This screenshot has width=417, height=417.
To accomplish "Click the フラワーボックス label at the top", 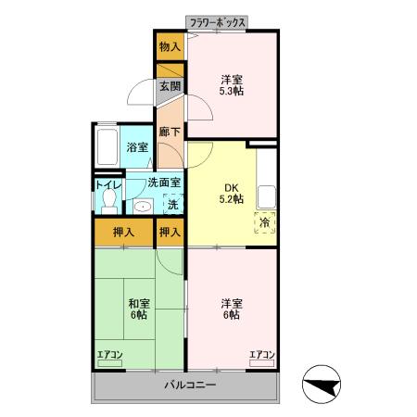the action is pyautogui.click(x=218, y=23).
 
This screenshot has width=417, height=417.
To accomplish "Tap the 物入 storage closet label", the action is pyautogui.click(x=170, y=46).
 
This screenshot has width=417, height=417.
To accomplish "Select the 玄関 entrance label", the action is pyautogui.click(x=171, y=86).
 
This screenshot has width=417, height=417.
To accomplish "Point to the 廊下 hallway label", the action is pyautogui.click(x=170, y=132).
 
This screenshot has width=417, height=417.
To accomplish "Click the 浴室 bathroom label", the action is pyautogui.click(x=137, y=147).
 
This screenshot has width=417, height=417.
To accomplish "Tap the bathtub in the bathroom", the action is pyautogui.click(x=107, y=147).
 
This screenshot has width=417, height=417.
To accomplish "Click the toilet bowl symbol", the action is pyautogui.click(x=109, y=201).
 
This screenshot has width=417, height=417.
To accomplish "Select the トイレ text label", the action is pyautogui.click(x=108, y=184).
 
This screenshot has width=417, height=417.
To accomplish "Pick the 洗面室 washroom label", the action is pyautogui.click(x=164, y=183).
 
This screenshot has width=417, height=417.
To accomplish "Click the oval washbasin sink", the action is pyautogui.click(x=143, y=207).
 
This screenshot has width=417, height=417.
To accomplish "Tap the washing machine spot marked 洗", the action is pyautogui.click(x=173, y=204).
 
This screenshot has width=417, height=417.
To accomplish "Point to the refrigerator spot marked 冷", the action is pyautogui.click(x=265, y=222).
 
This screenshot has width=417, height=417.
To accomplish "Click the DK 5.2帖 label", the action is pyautogui.click(x=232, y=194).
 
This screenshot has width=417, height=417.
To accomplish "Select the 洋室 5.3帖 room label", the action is pyautogui.click(x=232, y=85).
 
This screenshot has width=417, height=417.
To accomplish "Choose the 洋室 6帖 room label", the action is pyautogui.click(x=232, y=310).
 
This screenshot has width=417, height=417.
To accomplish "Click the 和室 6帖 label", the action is pyautogui.click(x=139, y=310).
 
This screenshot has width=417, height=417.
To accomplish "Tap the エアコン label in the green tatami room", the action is pyautogui.click(x=110, y=355).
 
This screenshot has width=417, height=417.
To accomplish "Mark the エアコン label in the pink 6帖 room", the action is pyautogui.click(x=262, y=355).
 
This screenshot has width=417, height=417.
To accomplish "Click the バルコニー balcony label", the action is pyautogui.click(x=190, y=385).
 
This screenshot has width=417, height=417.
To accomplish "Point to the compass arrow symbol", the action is pyautogui.click(x=322, y=384).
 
